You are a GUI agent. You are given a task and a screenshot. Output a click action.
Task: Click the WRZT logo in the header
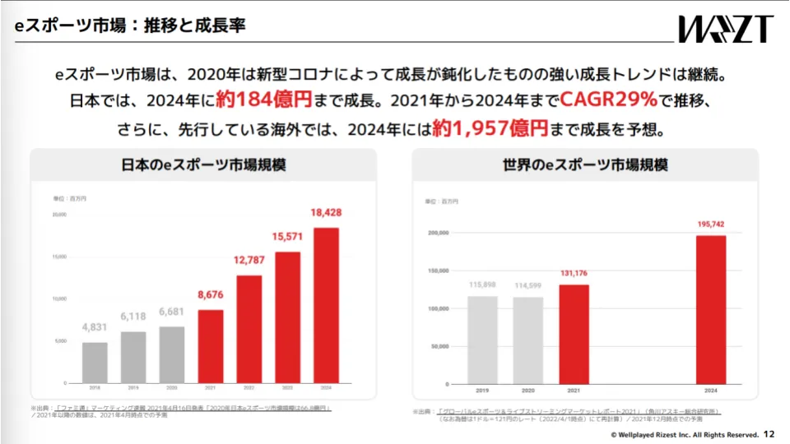[x=725, y=28]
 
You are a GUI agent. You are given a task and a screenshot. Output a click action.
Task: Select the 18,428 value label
[x=326, y=213]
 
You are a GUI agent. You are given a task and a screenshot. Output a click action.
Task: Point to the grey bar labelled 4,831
[x=94, y=362]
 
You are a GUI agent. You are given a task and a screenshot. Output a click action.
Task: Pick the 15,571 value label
[x=287, y=237]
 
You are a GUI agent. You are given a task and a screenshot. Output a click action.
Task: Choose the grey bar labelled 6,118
[x=133, y=357]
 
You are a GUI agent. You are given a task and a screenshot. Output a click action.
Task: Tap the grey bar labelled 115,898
[x=482, y=339]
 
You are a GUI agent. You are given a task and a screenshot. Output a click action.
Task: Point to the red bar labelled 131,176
[x=574, y=333]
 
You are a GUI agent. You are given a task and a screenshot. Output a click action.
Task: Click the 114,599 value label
[x=527, y=285]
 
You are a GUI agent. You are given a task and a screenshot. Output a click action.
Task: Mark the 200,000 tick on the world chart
[x=438, y=233]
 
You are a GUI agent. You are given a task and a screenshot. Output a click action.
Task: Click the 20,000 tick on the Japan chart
[x=59, y=215]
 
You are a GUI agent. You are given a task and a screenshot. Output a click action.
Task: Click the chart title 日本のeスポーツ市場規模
[x=203, y=164]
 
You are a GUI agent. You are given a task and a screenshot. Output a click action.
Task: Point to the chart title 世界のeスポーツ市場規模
[x=585, y=164]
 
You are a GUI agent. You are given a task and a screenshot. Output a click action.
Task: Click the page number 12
[x=769, y=433]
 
